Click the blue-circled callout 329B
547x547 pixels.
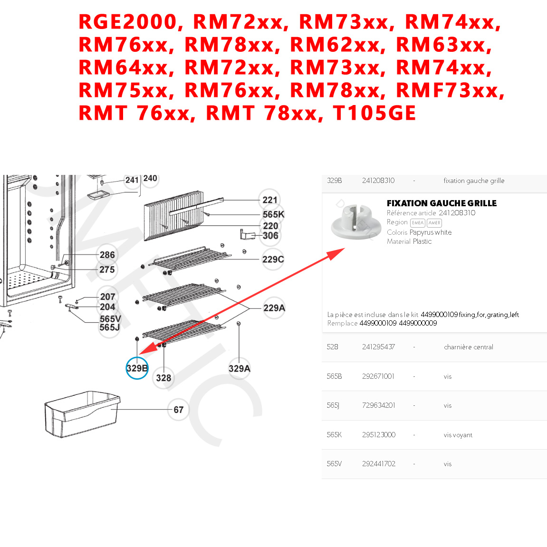pos(137,368)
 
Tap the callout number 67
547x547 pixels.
pos(178,410)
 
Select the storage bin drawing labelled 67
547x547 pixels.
pos(81,413)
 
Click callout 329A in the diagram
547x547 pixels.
pos(239,368)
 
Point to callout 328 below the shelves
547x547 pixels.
pos(163,378)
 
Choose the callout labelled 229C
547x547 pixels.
pos(273,259)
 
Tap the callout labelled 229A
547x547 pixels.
pos(274,308)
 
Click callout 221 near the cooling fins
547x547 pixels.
pos(270,200)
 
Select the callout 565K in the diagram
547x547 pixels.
pos(273,214)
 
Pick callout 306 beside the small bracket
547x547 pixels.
pos(270,236)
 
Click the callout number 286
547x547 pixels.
pos(107,255)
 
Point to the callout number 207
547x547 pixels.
pos(108,297)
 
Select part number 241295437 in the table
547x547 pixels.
pos(378,347)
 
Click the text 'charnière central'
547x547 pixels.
pos(468,347)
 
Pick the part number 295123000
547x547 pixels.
pos(378,435)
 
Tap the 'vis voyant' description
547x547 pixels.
pos(458,435)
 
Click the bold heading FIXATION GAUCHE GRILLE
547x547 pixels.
pos(441,203)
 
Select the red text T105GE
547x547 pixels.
pos(374,113)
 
